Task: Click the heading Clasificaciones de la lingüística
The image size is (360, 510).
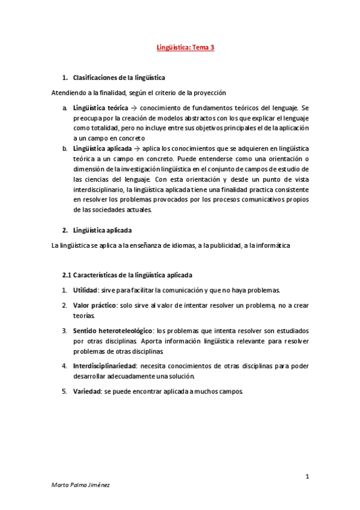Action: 119,78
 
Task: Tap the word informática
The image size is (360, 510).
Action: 272,245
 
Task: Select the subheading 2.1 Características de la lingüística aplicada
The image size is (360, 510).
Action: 127,275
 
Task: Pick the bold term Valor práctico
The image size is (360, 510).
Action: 94,306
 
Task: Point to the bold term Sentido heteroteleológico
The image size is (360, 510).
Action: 112,331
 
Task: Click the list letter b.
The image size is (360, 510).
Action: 65,148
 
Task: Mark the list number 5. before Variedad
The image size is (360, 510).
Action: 64,392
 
